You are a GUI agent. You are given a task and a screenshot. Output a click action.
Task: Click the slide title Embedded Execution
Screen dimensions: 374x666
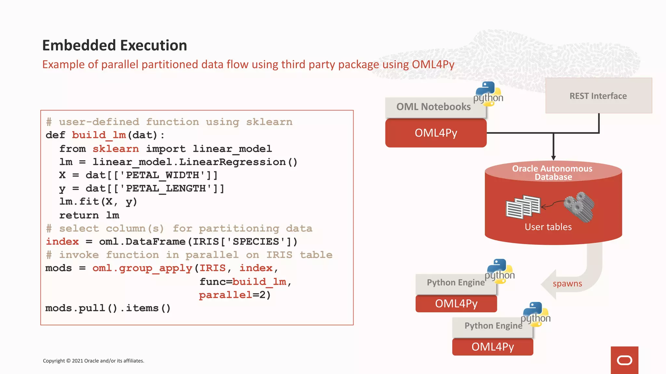click(114, 45)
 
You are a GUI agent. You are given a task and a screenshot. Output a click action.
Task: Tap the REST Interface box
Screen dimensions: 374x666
click(598, 96)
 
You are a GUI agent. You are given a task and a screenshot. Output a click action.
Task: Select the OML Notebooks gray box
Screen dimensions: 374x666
click(433, 107)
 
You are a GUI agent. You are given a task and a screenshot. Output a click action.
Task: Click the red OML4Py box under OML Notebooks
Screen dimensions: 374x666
click(436, 133)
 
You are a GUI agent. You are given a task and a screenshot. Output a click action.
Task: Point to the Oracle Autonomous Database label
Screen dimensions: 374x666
click(553, 173)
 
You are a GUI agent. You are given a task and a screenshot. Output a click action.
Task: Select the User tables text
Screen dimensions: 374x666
click(548, 227)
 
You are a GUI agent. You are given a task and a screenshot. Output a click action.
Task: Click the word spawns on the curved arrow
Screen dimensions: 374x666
click(567, 283)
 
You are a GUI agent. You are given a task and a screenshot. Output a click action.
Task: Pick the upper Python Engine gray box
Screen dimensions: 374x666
click(455, 283)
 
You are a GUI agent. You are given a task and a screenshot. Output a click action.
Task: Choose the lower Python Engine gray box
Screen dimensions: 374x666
click(493, 326)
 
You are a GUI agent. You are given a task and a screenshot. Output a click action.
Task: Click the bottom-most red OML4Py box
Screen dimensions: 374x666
click(492, 347)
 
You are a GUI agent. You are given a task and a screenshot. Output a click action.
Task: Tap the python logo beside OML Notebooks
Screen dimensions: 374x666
click(488, 94)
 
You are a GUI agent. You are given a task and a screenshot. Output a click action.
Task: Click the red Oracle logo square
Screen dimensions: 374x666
click(624, 360)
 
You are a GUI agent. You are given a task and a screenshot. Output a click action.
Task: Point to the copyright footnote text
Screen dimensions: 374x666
click(94, 361)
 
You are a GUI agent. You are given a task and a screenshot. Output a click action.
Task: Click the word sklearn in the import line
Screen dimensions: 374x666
click(116, 149)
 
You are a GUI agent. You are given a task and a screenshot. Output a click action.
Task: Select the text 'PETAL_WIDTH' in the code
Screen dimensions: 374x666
click(166, 175)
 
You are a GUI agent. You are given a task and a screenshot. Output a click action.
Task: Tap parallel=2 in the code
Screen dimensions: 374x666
click(234, 295)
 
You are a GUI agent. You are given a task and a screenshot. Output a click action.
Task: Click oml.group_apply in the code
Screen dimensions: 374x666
click(142, 268)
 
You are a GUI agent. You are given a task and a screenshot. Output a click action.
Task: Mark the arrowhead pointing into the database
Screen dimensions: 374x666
click(553, 157)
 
